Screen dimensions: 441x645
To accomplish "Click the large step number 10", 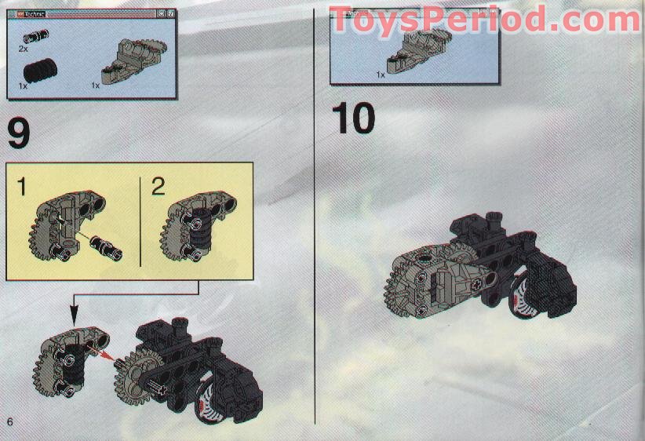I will coord(352,118).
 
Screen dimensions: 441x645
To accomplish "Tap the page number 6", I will coord(9,421).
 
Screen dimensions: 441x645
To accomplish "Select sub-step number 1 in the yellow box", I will coord(22,187).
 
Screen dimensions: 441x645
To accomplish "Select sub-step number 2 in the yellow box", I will coord(159,187).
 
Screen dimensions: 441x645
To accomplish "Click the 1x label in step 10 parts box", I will coord(381,75).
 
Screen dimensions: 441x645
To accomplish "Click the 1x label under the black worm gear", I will coord(24,86).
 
